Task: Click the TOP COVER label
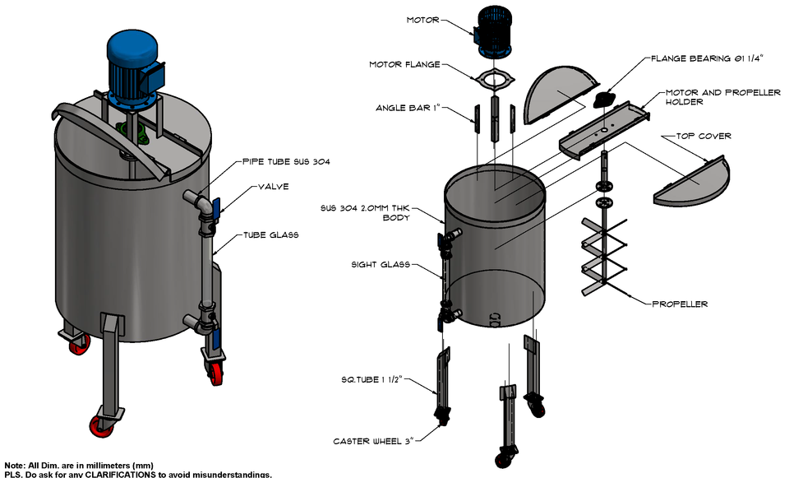(x=703, y=136)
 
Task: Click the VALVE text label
(x=273, y=187)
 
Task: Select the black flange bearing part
(x=604, y=100)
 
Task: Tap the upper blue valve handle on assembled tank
(x=215, y=208)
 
